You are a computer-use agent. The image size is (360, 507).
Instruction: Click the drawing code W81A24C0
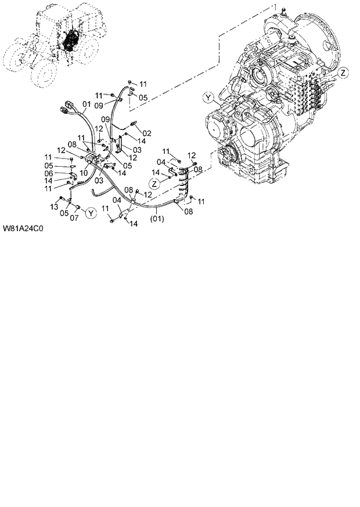pos(24,228)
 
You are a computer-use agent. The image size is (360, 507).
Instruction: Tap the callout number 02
pos(147,133)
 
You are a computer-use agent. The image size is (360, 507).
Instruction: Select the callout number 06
pos(49,173)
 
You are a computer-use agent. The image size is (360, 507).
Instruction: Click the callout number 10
pos(84,172)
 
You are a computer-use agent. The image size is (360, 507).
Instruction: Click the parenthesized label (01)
pos(157,219)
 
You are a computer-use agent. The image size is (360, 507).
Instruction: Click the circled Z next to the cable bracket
pos(154,183)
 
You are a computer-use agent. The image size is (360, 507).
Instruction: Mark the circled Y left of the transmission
pos(208,96)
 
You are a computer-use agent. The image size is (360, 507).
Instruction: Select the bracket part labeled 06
pos(74,173)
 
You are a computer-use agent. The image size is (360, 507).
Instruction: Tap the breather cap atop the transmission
pos(283,10)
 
